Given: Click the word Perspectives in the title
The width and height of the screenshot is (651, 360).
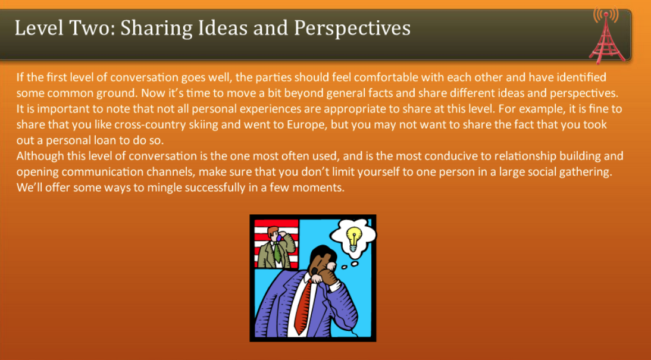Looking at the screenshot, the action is tap(352, 28).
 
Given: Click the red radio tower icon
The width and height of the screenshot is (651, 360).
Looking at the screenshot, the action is tap(606, 35).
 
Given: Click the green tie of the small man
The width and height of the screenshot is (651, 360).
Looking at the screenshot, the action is tap(277, 253).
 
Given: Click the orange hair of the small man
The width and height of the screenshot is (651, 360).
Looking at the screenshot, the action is tap(273, 231).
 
